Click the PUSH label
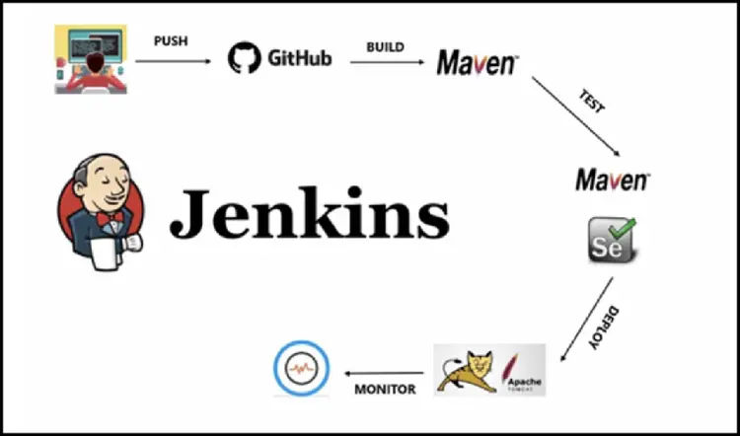click(171, 41)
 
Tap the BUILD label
click(385, 45)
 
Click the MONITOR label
click(385, 389)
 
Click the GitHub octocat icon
click(245, 57)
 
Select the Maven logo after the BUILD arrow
click(478, 63)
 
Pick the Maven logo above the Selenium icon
click(613, 180)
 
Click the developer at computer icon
click(90, 60)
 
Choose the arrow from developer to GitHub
click(174, 61)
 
